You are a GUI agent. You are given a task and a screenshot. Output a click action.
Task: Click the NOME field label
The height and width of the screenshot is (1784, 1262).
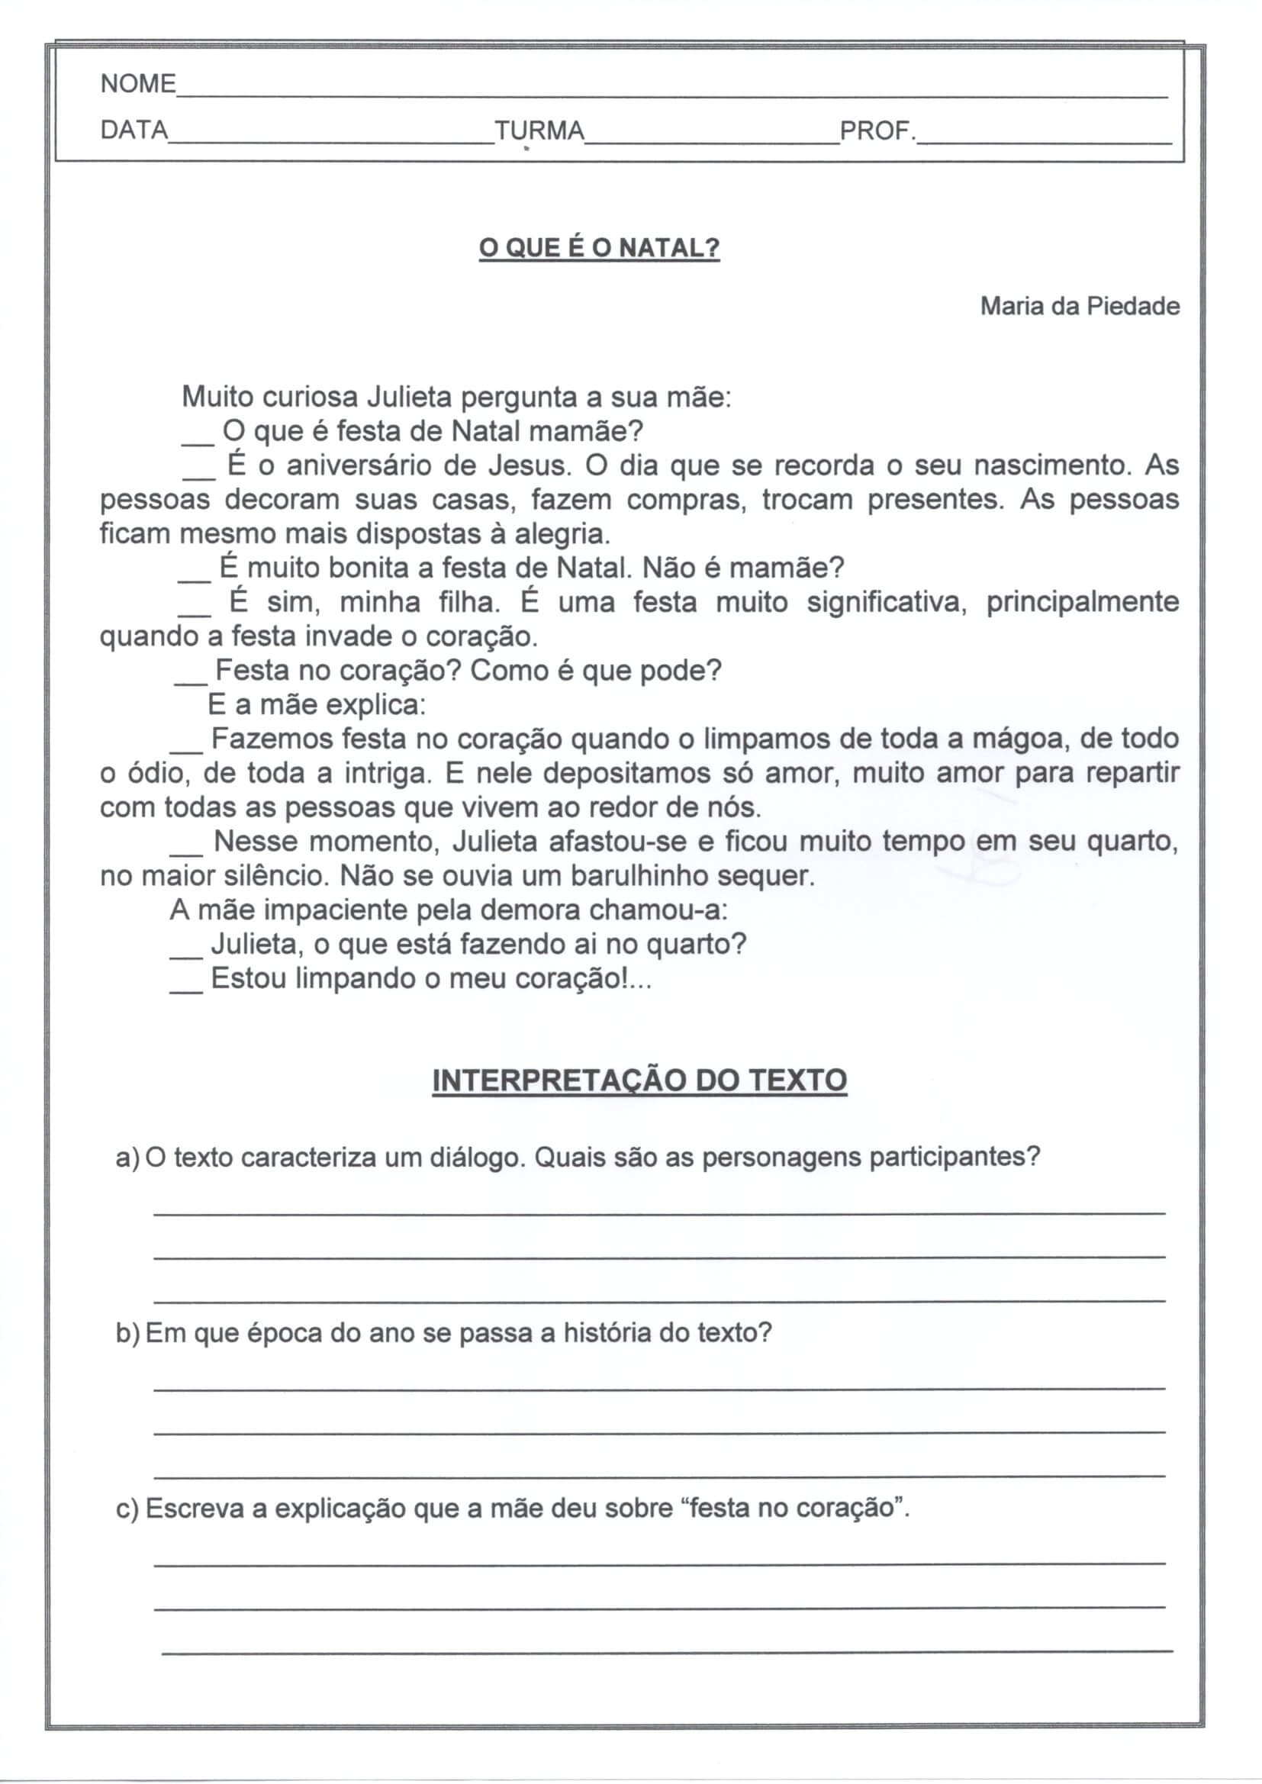point(138,83)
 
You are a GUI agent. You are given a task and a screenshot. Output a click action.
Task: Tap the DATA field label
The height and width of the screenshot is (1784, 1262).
point(134,130)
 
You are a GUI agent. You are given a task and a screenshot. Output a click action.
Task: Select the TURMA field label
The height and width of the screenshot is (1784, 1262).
point(539,130)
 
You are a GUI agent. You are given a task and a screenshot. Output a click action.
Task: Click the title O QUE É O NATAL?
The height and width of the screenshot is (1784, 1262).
point(599,249)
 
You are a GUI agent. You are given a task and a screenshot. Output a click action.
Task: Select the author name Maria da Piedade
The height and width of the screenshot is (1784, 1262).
point(1080,306)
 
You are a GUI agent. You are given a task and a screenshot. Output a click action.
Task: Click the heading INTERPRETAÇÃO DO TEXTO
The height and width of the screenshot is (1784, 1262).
point(639,1080)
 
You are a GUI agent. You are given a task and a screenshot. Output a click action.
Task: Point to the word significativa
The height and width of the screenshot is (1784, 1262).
point(887,602)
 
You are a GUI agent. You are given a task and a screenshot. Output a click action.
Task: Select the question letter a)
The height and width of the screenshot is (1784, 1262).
point(127,1158)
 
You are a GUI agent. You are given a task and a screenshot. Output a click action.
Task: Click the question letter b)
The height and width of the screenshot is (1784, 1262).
point(127,1333)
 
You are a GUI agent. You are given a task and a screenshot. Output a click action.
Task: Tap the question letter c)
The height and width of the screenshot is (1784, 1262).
point(127,1509)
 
